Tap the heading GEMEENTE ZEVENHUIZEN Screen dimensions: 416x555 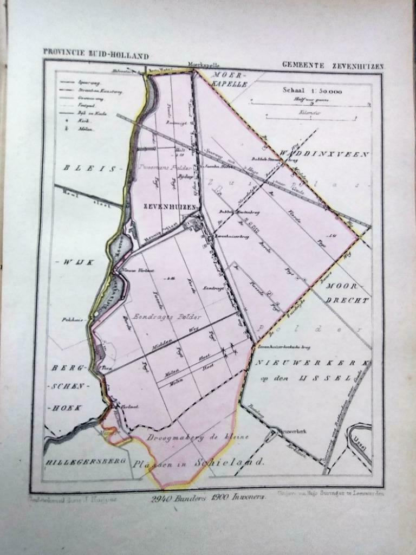pos(332,66)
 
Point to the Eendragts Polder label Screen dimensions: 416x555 pos(162,316)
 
